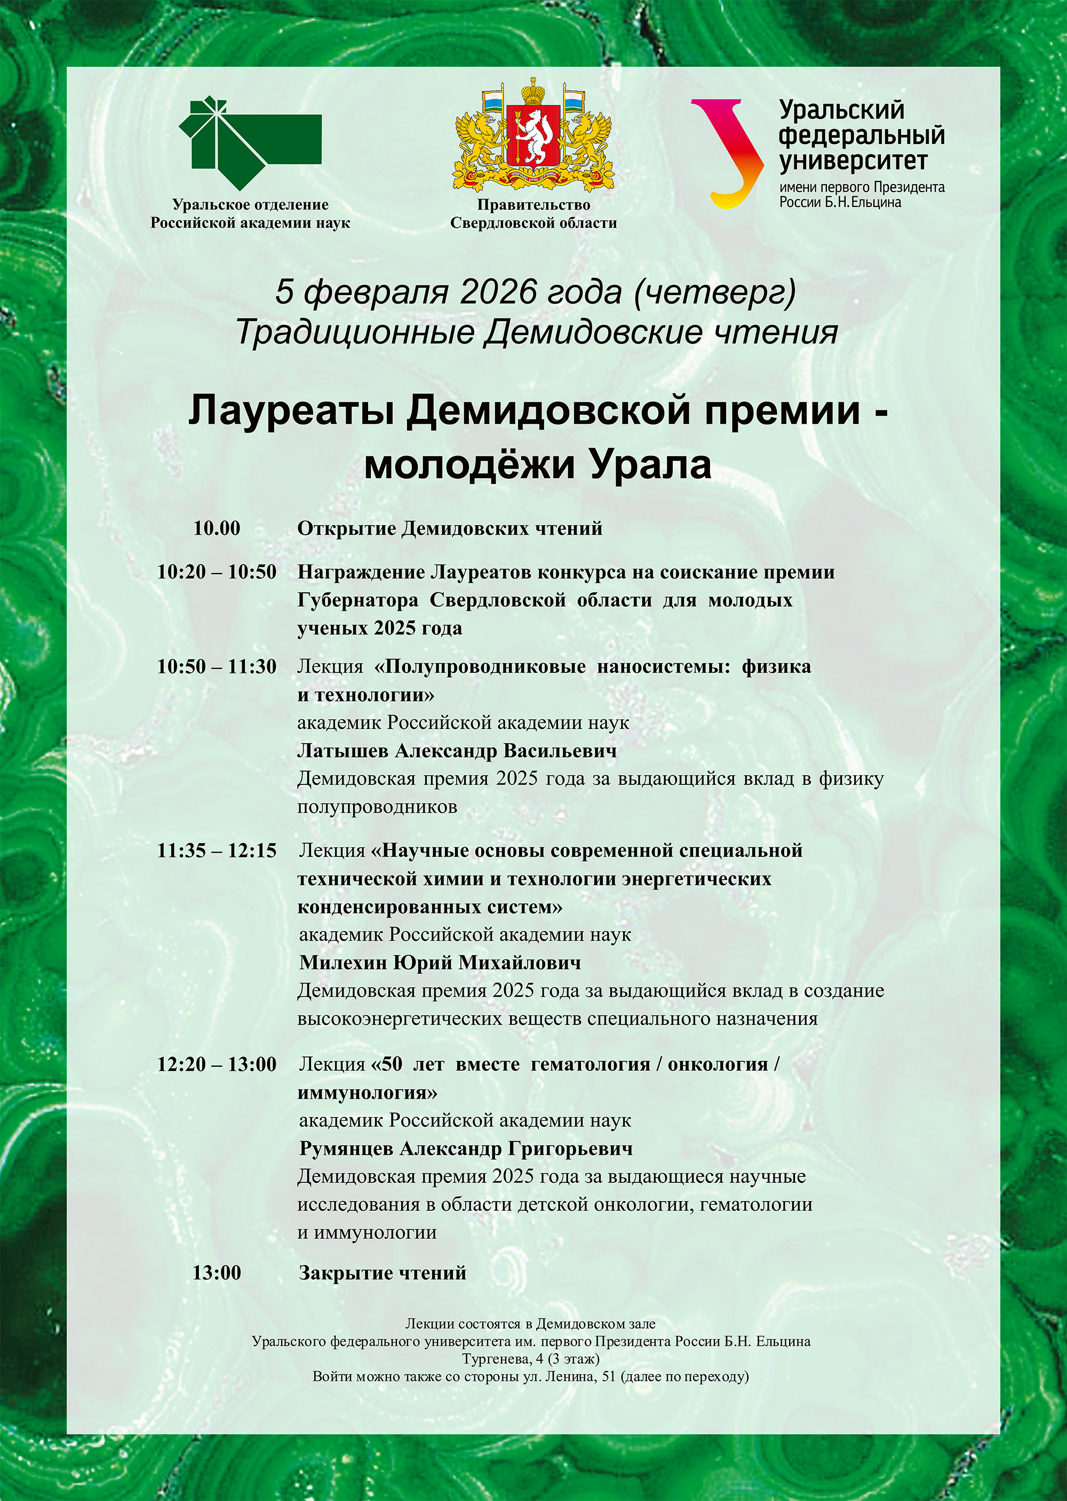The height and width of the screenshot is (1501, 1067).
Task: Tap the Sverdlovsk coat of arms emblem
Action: click(x=533, y=134)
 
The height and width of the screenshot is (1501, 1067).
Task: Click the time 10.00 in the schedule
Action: click(x=217, y=528)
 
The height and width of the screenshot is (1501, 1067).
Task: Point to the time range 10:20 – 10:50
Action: click(x=217, y=573)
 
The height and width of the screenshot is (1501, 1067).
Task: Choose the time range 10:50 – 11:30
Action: click(x=217, y=667)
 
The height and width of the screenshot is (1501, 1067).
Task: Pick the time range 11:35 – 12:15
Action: click(x=217, y=851)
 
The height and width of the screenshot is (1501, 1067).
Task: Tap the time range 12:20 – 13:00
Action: click(x=217, y=1064)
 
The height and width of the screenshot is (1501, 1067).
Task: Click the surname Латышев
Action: click(x=343, y=750)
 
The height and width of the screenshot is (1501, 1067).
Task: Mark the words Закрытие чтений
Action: click(x=383, y=1273)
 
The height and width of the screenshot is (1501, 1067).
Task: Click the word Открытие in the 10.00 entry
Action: click(x=346, y=528)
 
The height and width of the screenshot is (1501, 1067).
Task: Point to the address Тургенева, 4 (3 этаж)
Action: click(x=530, y=1359)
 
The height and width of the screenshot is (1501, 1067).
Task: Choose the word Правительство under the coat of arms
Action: click(x=533, y=205)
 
